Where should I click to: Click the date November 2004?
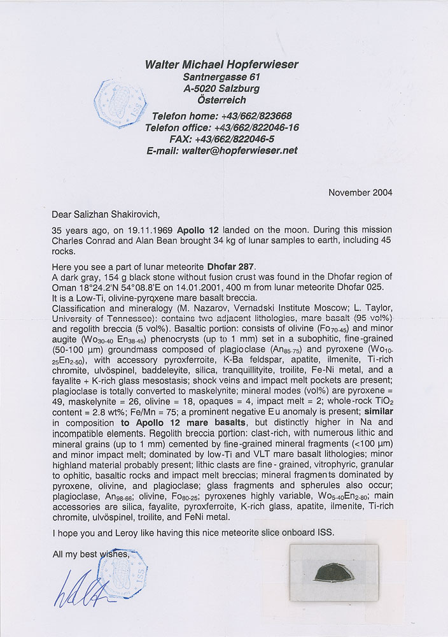(x=360, y=192)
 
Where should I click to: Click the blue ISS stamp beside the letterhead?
(x=120, y=104)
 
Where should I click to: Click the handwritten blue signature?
(x=83, y=589)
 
